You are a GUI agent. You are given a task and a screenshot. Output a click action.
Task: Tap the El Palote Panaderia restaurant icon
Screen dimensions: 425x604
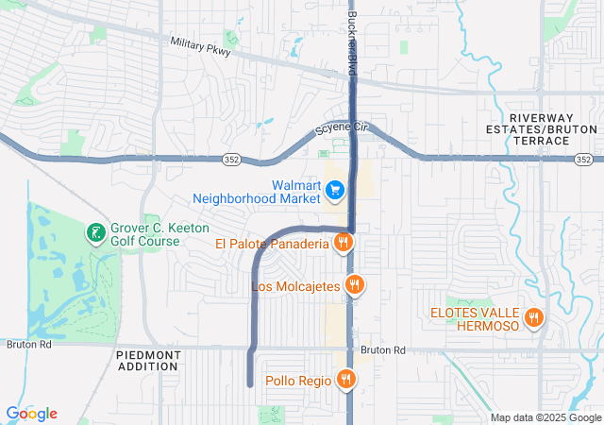point(344,244)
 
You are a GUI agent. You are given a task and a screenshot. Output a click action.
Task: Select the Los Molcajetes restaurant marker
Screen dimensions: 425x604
point(355,284)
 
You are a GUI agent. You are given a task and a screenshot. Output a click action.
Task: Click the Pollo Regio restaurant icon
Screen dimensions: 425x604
point(346,380)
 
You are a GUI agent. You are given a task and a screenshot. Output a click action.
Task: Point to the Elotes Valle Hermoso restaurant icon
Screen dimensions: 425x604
point(534,318)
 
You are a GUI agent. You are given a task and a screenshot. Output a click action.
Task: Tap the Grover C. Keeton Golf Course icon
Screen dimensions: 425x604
point(95,233)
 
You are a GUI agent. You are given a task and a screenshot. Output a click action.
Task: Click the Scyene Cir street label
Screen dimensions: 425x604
point(340,128)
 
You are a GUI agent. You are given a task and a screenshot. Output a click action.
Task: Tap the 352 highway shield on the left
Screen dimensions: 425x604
point(231,160)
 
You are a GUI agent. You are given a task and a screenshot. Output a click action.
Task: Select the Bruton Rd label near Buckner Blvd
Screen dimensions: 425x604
point(382,349)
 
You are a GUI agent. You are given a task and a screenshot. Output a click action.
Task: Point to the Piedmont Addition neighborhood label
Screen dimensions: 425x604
point(148,361)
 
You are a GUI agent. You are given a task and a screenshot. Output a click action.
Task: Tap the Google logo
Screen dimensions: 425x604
point(31,413)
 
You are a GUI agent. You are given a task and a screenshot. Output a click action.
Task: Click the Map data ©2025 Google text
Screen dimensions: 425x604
point(545,417)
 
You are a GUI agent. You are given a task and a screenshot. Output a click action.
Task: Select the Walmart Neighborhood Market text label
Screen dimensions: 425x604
point(257,192)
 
